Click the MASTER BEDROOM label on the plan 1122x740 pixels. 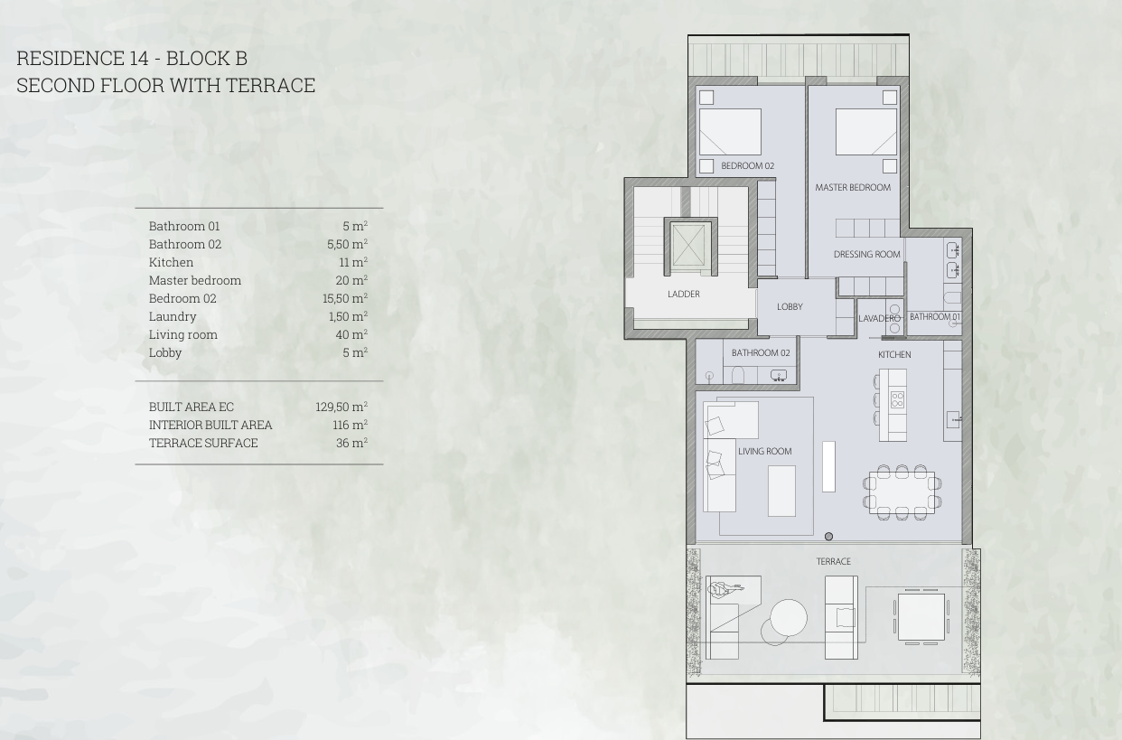[853, 187]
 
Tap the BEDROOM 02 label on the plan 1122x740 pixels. [747, 166]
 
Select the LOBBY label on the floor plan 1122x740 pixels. [790, 306]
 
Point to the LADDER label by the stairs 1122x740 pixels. [684, 294]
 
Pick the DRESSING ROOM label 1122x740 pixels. [866, 255]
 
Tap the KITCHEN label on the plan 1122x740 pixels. [894, 355]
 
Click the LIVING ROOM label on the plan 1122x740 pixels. [765, 452]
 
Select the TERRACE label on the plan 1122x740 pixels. [834, 562]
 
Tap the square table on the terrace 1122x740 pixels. [921, 617]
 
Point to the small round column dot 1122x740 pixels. [828, 537]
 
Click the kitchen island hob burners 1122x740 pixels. [897, 399]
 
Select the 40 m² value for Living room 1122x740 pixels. [351, 334]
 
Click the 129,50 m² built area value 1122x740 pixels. [341, 407]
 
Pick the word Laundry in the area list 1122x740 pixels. [173, 317]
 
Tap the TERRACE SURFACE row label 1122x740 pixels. [203, 443]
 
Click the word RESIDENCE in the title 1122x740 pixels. [70, 58]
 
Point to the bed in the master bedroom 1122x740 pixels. [866, 132]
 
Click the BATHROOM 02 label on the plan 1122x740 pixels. [761, 353]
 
